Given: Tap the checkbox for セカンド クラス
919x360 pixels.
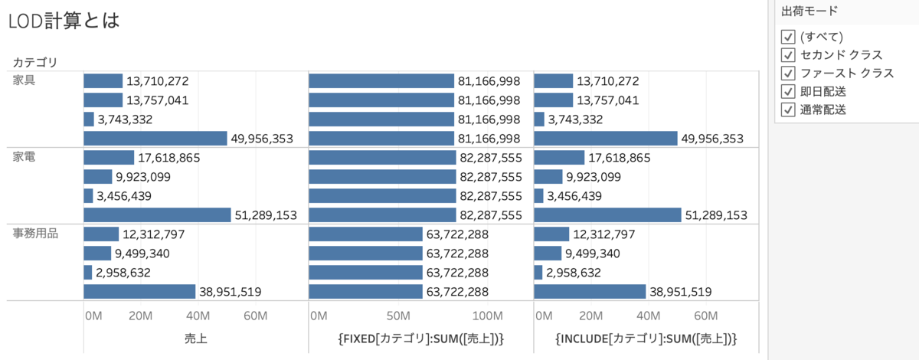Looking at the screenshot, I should pos(788,55).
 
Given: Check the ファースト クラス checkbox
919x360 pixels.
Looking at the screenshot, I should pos(788,74).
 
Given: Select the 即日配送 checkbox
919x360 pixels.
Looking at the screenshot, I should pos(788,92).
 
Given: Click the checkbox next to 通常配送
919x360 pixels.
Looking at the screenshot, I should pos(788,110).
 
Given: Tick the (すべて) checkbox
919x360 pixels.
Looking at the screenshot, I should pos(788,37).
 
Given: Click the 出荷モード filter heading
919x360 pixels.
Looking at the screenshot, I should pos(809,11).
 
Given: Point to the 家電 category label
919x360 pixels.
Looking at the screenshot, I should pos(25,157).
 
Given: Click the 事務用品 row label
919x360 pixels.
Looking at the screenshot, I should pos(35,234).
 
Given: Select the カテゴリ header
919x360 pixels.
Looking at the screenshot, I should pos(35,61).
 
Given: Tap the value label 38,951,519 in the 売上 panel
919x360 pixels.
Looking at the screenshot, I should pos(231,292).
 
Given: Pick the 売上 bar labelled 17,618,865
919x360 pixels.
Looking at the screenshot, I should pos(108,158).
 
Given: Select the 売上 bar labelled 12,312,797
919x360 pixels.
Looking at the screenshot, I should pos(101,234).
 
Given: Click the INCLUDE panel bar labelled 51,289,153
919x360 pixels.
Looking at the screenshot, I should pos(607,215).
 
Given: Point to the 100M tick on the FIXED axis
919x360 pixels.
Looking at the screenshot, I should pos(487,316).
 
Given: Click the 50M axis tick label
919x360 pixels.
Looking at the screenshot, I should pos(398,316).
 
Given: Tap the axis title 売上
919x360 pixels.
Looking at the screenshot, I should pos(195,339).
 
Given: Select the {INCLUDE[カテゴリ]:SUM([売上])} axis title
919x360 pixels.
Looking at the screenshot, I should pos(646,339).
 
